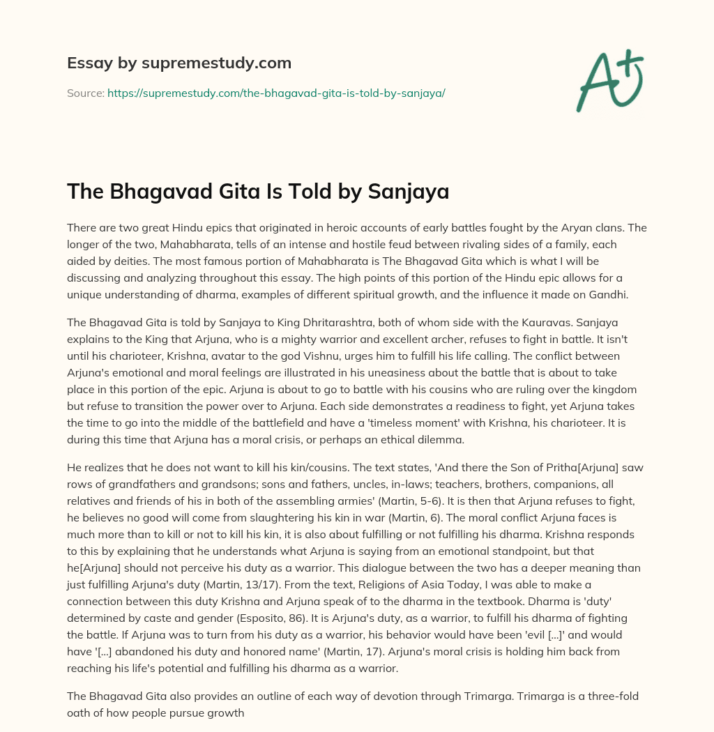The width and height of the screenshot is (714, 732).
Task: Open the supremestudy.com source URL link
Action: [x=276, y=93]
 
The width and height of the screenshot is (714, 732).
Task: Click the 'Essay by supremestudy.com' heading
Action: [x=179, y=63]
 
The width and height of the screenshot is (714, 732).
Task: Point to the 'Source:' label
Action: [x=85, y=93]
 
